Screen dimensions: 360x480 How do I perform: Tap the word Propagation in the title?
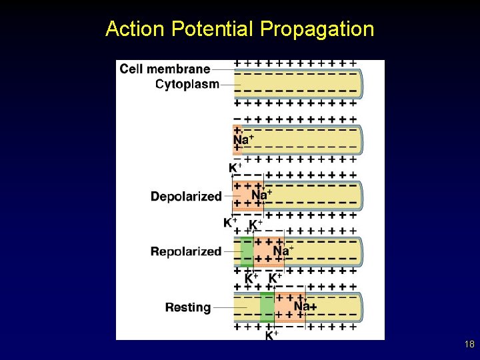coord(317,29)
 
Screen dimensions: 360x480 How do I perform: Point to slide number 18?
coord(469,345)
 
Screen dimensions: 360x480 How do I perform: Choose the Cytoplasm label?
coord(187,84)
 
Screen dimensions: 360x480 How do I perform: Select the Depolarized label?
coord(186,196)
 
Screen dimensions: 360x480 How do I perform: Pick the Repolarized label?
coord(186,251)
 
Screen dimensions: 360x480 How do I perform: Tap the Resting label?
coord(188,307)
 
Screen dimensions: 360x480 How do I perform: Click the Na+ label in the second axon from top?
coord(243,139)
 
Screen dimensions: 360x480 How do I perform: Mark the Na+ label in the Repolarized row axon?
coord(283,251)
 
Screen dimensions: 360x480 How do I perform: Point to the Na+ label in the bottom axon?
coord(305,306)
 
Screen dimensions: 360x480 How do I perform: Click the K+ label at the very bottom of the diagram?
coord(272,335)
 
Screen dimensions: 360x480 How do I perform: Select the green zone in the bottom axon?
coord(267,307)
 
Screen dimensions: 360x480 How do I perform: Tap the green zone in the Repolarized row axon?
coord(247,251)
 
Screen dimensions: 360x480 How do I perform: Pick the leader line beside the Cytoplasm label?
coord(230,85)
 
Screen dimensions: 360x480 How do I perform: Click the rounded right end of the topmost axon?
coord(359,83)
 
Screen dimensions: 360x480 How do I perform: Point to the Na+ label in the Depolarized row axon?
coord(261,195)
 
